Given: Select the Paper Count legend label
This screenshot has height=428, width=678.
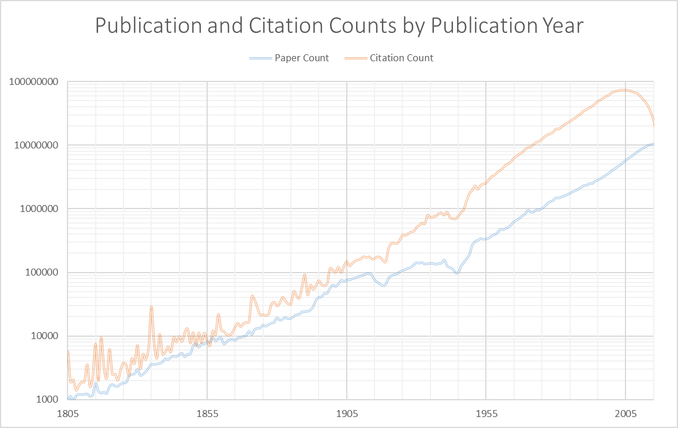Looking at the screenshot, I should click(302, 58).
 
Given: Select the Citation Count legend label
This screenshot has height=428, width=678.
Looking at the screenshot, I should click(402, 58).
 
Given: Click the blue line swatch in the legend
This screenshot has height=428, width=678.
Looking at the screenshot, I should click(260, 58).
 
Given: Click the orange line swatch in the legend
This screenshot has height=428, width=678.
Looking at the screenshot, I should click(355, 58).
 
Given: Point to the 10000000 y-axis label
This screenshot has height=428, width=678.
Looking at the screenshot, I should click(36, 145).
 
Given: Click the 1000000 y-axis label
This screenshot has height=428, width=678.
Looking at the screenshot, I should click(38, 209).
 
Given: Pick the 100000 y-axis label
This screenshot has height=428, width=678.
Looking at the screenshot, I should click(40, 273).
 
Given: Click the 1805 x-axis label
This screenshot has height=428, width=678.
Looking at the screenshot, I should click(68, 414).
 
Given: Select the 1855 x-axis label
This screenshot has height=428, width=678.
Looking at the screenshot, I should click(207, 414).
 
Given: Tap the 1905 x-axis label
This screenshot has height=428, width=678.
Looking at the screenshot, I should click(346, 414).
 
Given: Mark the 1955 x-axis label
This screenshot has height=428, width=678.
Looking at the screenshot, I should click(486, 414).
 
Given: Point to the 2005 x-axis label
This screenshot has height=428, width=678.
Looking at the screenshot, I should click(625, 414).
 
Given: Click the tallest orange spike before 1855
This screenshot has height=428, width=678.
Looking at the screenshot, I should click(151, 307).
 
